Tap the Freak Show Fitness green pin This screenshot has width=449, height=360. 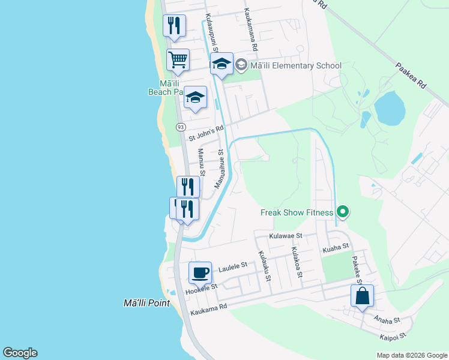(x=343, y=212)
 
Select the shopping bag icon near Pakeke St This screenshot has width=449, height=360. (x=363, y=296)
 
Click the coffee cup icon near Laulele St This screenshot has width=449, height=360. (x=200, y=274)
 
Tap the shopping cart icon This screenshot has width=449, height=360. (x=178, y=61)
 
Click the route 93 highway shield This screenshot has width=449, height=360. (x=181, y=127)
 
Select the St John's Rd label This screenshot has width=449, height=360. (x=206, y=133)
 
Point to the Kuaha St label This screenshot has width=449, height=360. (x=336, y=247)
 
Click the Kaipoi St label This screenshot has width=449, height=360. (x=393, y=337)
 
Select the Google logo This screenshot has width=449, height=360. (x=20, y=353)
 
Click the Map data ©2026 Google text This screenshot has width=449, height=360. (x=411, y=355)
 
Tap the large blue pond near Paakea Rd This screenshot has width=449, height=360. (x=389, y=108)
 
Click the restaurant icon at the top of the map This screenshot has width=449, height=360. (x=174, y=26)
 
